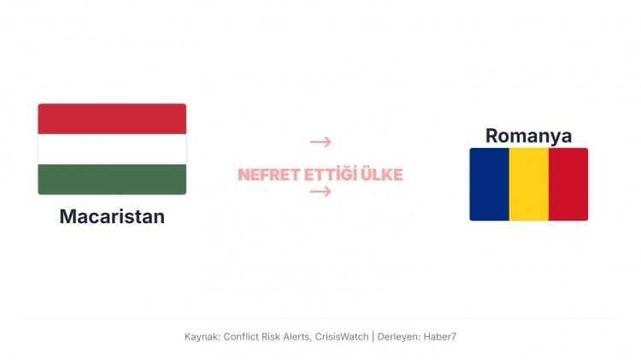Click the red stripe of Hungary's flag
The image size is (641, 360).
pyautogui.click(x=112, y=119)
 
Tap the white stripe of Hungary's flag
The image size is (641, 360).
pyautogui.click(x=112, y=149)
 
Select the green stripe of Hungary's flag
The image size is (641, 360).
pyautogui.click(x=112, y=179)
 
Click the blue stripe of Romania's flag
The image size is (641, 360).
pyautogui.click(x=489, y=184)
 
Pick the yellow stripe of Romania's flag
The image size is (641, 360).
pyautogui.click(x=529, y=184)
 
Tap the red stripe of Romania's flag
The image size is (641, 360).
pyautogui.click(x=568, y=184)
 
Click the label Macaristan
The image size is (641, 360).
pyautogui.click(x=112, y=216)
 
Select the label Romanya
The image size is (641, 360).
pyautogui.click(x=528, y=135)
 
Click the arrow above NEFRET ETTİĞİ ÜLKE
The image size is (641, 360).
pyautogui.click(x=320, y=142)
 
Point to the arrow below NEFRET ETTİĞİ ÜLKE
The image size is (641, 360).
pyautogui.click(x=320, y=192)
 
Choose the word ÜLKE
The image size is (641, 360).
pyautogui.click(x=382, y=175)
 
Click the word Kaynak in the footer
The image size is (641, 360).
pyautogui.click(x=202, y=337)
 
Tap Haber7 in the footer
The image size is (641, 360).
pyautogui.click(x=441, y=337)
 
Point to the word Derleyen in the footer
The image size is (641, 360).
pyautogui.click(x=399, y=337)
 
